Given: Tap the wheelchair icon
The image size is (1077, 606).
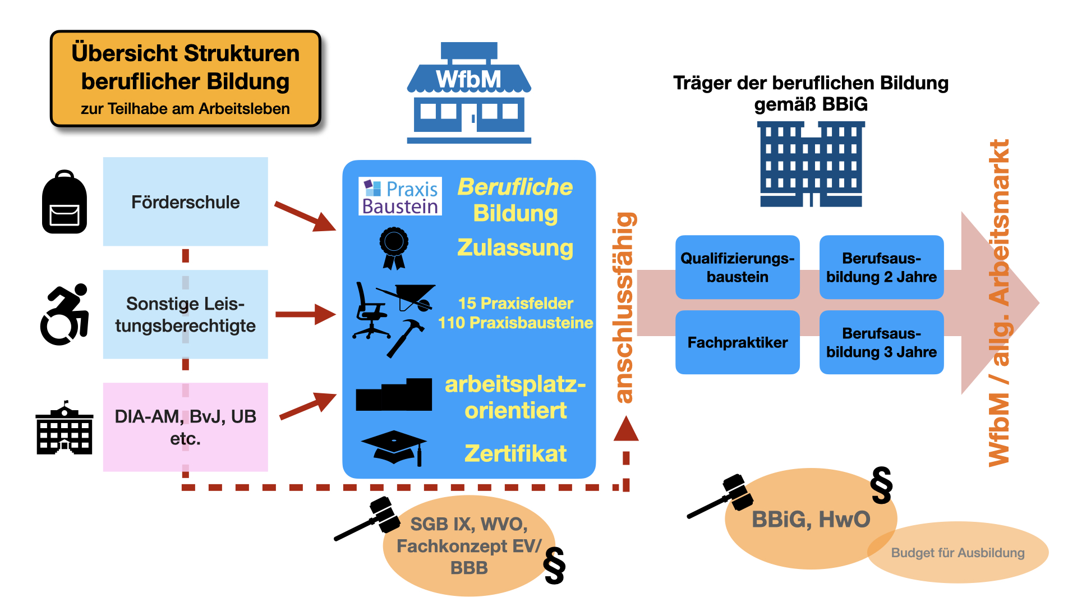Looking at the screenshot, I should [x=65, y=314].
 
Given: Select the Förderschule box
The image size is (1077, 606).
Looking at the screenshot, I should [x=185, y=201].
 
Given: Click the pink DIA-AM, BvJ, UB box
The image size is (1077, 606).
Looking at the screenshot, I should [x=185, y=426].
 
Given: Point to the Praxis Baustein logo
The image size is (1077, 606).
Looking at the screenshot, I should [x=400, y=196].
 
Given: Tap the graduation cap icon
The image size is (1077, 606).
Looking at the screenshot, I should [x=394, y=447].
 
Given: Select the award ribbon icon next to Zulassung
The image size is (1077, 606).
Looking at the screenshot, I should [x=394, y=247].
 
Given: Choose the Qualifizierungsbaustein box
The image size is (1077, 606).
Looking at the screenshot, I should [x=737, y=267].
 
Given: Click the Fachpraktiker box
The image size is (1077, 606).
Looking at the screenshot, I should [x=737, y=342].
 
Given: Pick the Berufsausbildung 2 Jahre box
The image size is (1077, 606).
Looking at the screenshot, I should [x=881, y=267].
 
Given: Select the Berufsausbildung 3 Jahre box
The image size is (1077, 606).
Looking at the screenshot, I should [x=881, y=342].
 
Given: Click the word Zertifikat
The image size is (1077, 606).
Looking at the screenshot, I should [x=515, y=453].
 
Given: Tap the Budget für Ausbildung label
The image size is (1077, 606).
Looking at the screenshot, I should [x=958, y=553].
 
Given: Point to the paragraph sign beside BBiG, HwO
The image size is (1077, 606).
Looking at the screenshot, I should [x=881, y=485].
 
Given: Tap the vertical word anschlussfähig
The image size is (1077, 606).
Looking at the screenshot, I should [x=624, y=307].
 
